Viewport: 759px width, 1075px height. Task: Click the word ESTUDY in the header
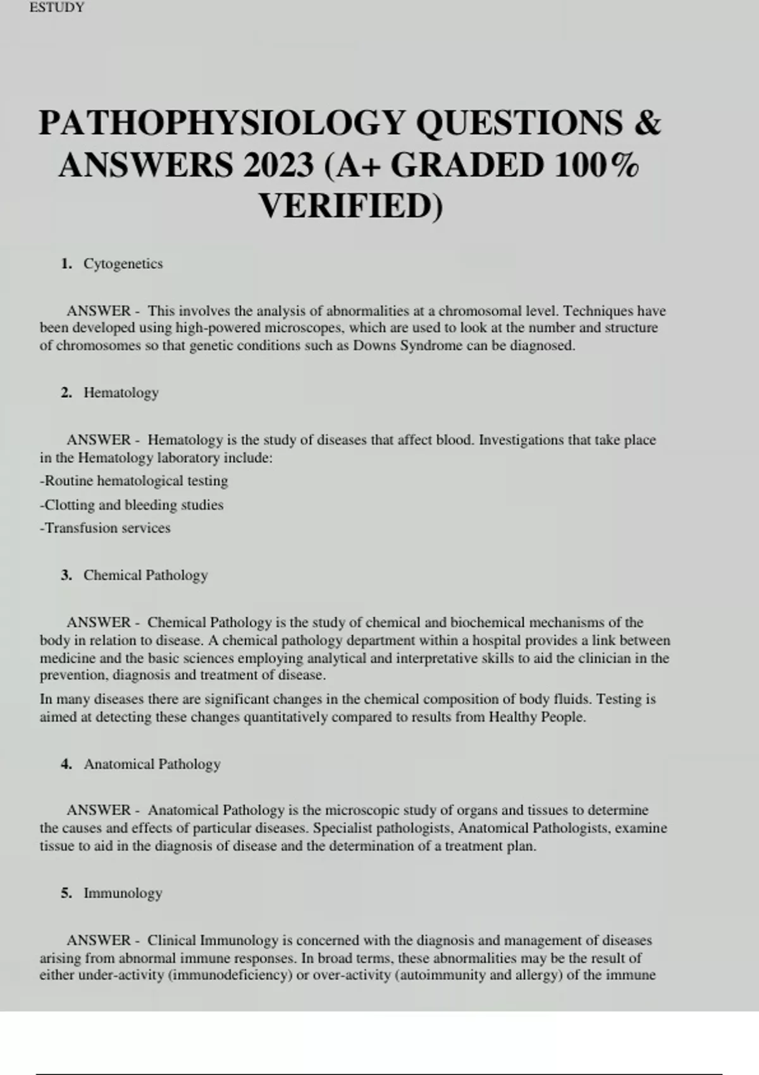point(56,8)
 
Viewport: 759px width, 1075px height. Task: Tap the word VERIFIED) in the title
point(351,206)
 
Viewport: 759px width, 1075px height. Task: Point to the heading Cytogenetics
point(123,264)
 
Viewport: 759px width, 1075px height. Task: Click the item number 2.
point(66,393)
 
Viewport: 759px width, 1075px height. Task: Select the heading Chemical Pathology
point(145,575)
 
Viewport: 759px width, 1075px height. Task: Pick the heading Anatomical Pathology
point(152,764)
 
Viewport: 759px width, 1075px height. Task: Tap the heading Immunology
point(123,893)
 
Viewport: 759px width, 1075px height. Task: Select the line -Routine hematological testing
point(134,481)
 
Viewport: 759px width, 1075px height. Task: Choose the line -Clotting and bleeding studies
point(132,505)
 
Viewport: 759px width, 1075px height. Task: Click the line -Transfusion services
point(105,528)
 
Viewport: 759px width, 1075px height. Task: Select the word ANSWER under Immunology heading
point(99,940)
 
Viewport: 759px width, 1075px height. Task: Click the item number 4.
point(66,764)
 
